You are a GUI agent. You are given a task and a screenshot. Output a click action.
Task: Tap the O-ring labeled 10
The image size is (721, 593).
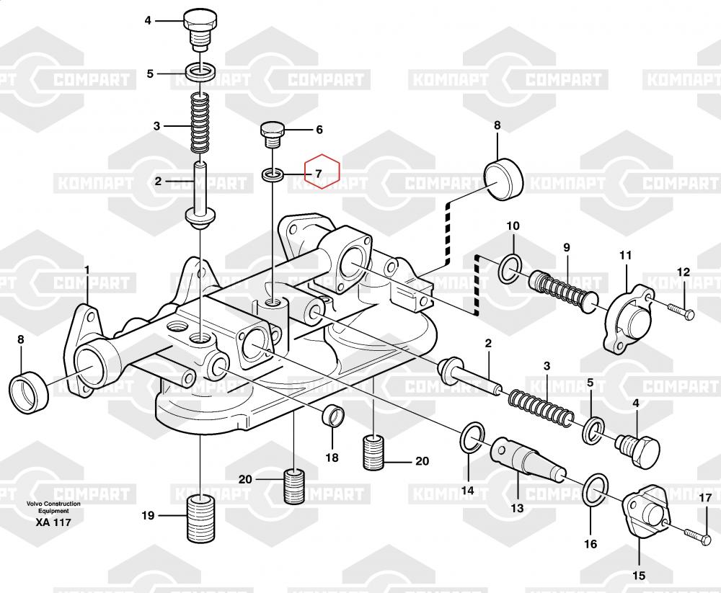[x=511, y=268]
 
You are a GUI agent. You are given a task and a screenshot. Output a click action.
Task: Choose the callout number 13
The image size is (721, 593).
[x=517, y=508]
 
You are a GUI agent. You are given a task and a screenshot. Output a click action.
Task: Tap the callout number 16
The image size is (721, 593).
[x=590, y=544]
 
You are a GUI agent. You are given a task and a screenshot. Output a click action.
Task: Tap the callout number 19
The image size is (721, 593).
[x=148, y=515]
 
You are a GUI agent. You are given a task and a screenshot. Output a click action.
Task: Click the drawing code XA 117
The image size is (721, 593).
[x=53, y=522]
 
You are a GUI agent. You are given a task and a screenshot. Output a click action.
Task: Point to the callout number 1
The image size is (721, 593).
[x=87, y=270]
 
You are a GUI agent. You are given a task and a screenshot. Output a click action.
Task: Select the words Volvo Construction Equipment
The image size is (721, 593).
[x=53, y=507]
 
